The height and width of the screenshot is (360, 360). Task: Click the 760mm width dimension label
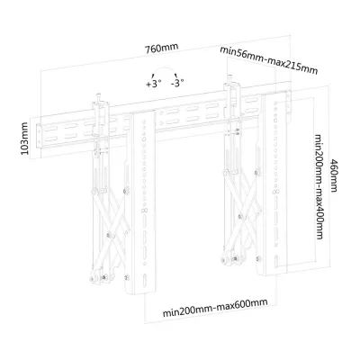point(162,48)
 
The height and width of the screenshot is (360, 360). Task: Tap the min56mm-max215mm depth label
point(269,59)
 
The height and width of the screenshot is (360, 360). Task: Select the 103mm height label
point(24,139)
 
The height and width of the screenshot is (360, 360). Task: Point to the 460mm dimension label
point(334,175)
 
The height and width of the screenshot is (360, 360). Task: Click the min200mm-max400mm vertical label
point(319,187)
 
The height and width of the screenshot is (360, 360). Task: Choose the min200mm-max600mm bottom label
point(215,308)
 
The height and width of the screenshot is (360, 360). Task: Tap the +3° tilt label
point(154,84)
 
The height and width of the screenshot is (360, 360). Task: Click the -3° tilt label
point(177,83)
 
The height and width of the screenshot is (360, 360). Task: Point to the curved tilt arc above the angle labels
point(165,68)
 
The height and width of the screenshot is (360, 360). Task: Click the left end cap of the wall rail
point(39,137)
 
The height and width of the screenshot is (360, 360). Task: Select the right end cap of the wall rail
point(289,103)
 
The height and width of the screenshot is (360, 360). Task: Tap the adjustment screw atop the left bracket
point(98,98)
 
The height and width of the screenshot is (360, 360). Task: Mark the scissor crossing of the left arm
point(109,234)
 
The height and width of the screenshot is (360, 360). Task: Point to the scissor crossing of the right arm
point(240,216)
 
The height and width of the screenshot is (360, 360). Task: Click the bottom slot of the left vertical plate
point(144,280)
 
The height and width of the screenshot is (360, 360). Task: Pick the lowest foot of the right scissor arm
point(224,259)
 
